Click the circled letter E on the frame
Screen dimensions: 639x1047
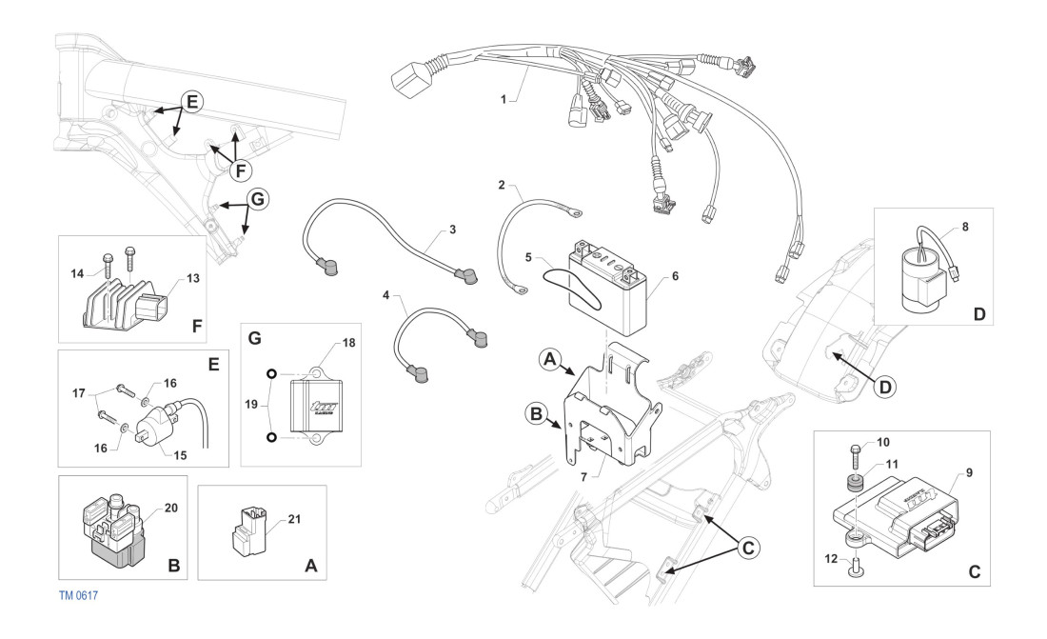pos(190,103)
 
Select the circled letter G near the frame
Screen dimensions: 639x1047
pos(257,200)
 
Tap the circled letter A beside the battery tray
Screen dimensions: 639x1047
pos(548,362)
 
